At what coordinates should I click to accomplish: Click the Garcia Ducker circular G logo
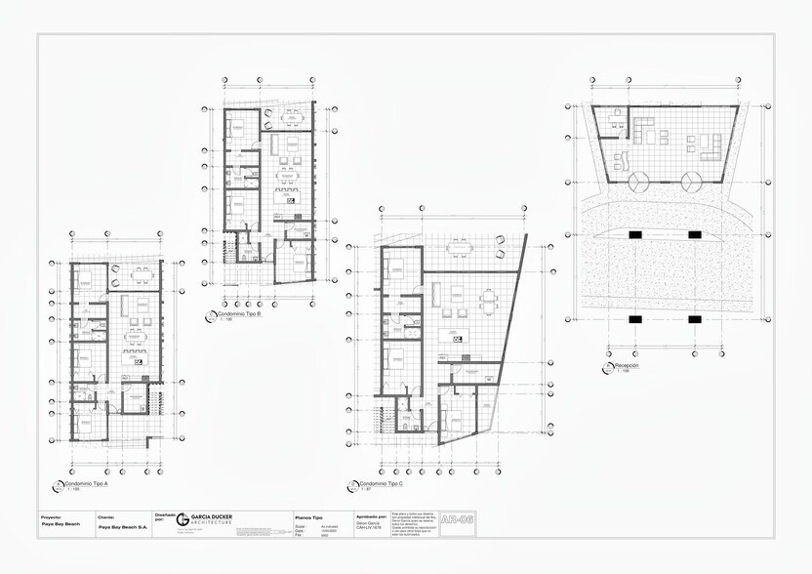[x=182, y=521]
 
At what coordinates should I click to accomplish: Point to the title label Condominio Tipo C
[x=387, y=484]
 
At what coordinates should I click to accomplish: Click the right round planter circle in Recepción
[x=692, y=184]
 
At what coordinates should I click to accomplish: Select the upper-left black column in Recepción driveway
[x=635, y=235]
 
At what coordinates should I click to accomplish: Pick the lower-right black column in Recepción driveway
[x=694, y=319]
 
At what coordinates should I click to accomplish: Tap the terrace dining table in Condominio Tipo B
[x=292, y=116]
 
